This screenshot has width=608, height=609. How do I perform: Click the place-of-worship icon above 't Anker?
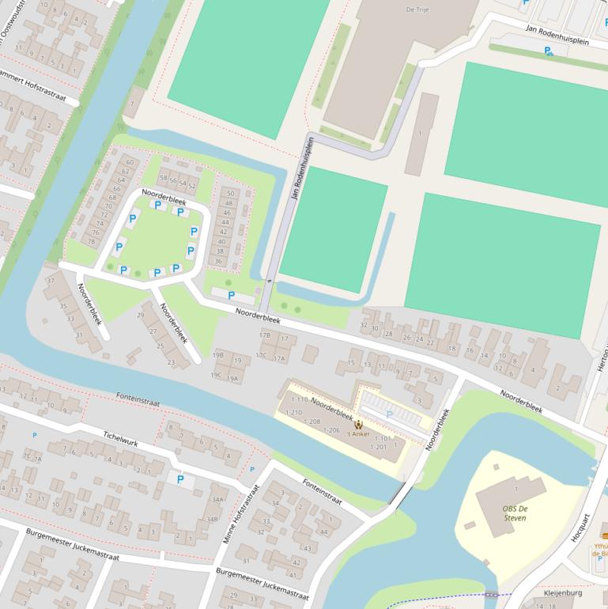point(360,425)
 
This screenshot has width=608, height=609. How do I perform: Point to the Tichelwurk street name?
point(120,439)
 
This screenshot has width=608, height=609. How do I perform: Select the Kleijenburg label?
point(563,592)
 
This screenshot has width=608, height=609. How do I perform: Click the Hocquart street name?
point(582,529)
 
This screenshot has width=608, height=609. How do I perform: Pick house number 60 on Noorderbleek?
point(129,162)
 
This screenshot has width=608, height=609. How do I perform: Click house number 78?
point(90,242)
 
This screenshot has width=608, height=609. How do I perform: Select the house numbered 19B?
point(217,355)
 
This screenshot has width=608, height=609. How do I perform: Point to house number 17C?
point(260,355)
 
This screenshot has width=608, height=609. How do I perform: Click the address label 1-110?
point(299,400)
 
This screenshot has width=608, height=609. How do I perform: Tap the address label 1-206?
point(332,430)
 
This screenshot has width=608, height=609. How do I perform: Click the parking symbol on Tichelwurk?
point(180,479)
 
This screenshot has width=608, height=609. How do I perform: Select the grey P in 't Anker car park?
point(389,414)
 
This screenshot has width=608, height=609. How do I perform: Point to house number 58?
point(164,179)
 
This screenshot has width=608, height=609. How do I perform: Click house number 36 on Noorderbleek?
point(218,261)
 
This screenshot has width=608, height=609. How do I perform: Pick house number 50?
point(231,193)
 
